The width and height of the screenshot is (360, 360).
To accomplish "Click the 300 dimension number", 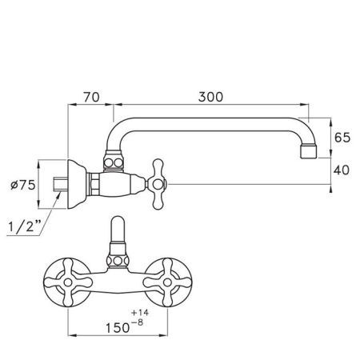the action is click(210, 97).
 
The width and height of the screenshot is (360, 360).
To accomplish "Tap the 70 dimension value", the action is click(91, 97).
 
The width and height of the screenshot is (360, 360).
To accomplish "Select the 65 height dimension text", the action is click(342, 138).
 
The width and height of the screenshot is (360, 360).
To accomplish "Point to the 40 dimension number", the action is click(342, 170).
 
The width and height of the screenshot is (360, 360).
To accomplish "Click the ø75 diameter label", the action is click(23, 185).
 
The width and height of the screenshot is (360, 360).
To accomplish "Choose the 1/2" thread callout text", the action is click(26, 226).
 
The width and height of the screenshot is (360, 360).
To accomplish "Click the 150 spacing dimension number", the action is click(118, 328).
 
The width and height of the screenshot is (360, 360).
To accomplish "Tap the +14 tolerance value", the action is click(140, 313).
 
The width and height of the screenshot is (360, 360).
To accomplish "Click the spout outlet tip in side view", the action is click(309, 151).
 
